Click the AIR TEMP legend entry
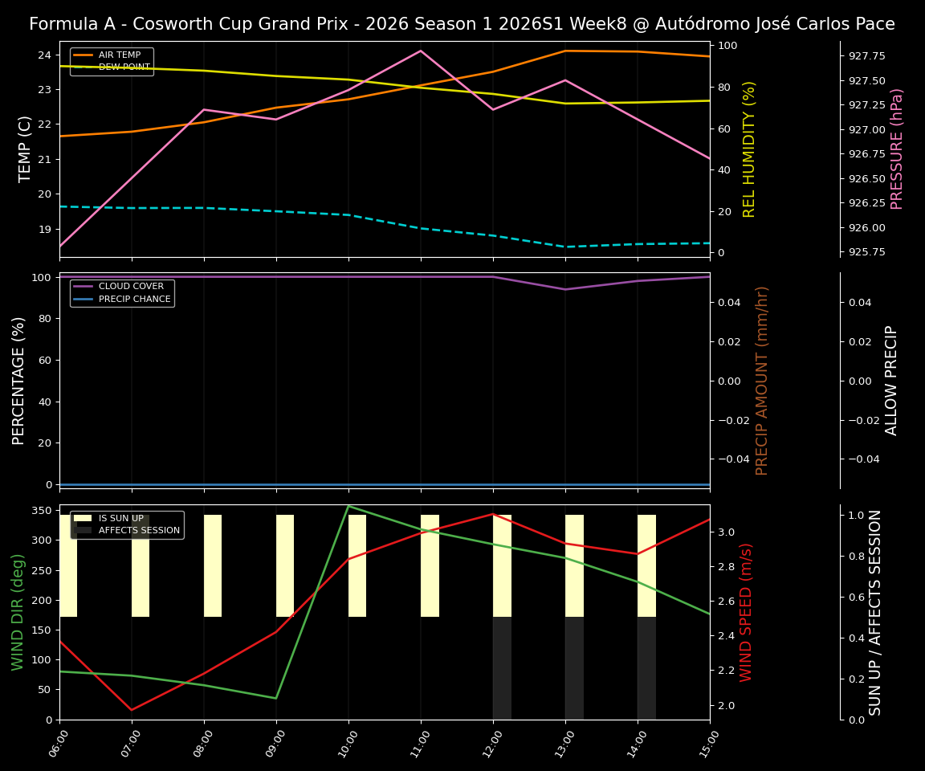click(119, 55)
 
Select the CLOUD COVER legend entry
click(131, 287)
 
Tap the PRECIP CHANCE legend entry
click(134, 300)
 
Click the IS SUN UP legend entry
click(120, 519)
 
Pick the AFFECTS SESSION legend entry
click(139, 531)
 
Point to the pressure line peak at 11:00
click(421, 51)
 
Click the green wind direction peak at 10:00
click(348, 506)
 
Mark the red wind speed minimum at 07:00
click(132, 710)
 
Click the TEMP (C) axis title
click(26, 149)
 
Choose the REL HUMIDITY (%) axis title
click(749, 149)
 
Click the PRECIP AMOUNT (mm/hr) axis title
click(762, 380)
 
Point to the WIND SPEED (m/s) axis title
click(746, 612)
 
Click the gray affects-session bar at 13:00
click(574, 668)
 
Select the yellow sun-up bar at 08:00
click(213, 565)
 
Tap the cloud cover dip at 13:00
click(565, 289)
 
